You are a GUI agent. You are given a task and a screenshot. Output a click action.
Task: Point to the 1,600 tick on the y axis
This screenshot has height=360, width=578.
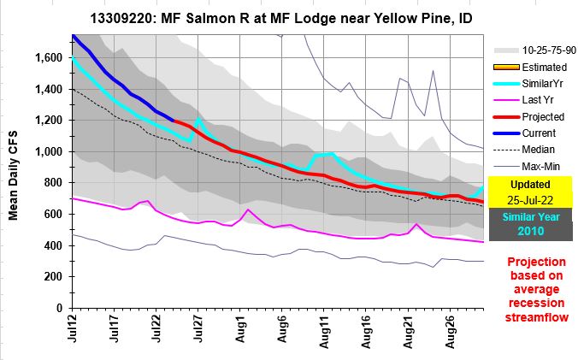[50, 58]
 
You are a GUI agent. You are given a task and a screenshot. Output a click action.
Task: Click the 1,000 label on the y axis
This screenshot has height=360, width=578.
[50, 152]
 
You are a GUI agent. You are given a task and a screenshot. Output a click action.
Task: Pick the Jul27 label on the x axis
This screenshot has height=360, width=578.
[198, 330]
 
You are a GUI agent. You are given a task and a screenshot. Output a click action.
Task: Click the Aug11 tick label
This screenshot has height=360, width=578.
[324, 330]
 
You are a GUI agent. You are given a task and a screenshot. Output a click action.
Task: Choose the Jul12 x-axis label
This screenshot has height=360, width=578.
[74, 330]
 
